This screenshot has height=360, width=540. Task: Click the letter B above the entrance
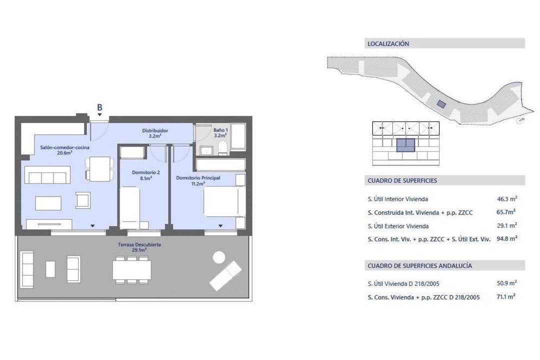click(99, 107)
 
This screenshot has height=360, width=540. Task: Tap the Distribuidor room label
click(155, 133)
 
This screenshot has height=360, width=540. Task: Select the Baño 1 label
click(220, 132)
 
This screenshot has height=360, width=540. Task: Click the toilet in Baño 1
click(223, 148)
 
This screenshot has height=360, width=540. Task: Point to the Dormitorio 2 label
click(145, 175)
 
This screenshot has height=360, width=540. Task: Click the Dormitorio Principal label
click(198, 180)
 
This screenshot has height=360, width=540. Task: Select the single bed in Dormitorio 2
click(129, 207)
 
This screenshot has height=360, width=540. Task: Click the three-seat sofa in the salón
click(47, 175)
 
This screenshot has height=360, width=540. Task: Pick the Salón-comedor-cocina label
click(64, 150)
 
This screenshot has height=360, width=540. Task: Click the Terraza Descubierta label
click(139, 247)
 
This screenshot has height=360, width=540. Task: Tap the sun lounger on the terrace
click(225, 275)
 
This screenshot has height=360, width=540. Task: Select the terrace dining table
click(132, 269)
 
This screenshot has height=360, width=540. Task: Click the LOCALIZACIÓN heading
click(388, 44)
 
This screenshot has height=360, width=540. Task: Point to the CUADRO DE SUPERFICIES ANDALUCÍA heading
click(419, 265)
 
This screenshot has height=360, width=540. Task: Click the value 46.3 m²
click(506, 199)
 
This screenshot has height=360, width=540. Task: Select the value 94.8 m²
click(506, 238)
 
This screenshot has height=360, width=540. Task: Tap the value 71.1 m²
click(505, 296)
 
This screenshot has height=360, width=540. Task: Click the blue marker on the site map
click(441, 103)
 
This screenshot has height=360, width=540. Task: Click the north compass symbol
click(519, 120)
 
